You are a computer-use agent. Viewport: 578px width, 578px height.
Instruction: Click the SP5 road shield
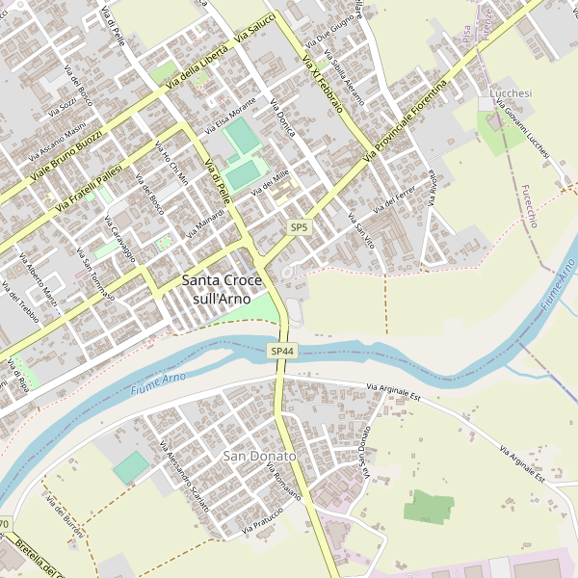pyautogui.click(x=300, y=227)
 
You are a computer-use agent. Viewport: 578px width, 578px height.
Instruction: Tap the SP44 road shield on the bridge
pyautogui.click(x=281, y=351)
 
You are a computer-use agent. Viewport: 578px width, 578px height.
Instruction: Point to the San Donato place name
pyautogui.click(x=259, y=455)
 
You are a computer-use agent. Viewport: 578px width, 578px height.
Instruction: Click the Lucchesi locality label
pyautogui.click(x=511, y=92)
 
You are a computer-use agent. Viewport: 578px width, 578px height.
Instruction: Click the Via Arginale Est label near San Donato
pyautogui.click(x=394, y=390)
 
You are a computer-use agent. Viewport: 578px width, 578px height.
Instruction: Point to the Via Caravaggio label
pyautogui.click(x=117, y=241)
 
